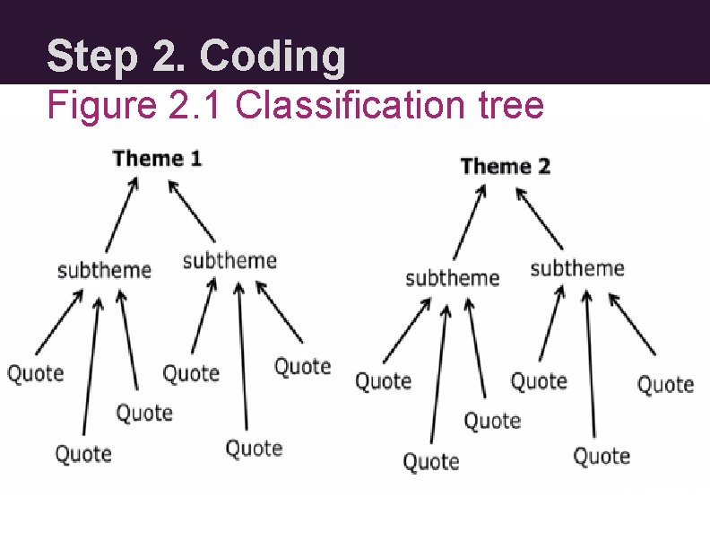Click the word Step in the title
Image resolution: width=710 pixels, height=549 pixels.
(91, 57)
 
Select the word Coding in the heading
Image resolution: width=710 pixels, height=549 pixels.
(273, 57)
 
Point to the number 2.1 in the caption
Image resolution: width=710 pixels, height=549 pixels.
(196, 106)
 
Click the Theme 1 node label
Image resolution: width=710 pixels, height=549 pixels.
(157, 159)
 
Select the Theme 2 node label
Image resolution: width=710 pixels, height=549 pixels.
(506, 166)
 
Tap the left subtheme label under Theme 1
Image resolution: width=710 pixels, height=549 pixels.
(104, 270)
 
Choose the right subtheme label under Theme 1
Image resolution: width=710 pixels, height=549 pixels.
(229, 261)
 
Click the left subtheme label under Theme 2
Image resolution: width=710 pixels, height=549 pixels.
(452, 278)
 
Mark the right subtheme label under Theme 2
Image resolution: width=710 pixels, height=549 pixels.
(577, 268)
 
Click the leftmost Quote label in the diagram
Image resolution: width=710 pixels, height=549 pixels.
(36, 373)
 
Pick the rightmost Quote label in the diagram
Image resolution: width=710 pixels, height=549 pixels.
(665, 385)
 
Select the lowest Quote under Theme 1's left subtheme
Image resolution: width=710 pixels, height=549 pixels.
(83, 454)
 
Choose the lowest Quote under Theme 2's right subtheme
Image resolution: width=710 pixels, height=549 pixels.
(602, 457)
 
